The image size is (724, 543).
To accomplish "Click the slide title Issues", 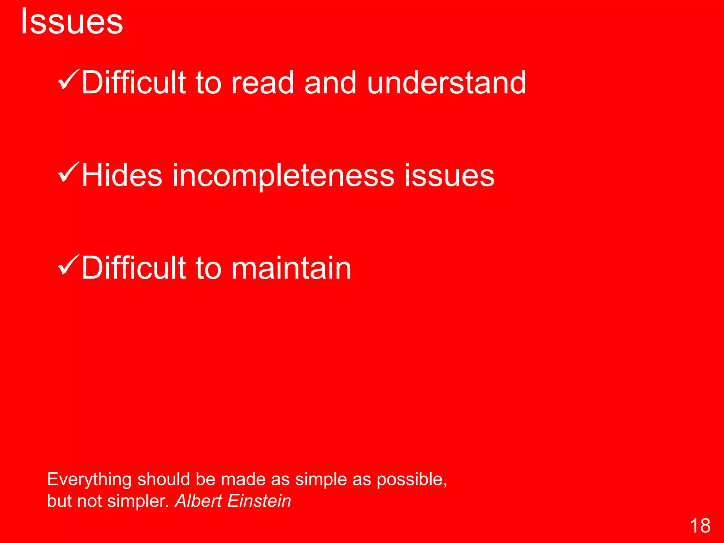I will (72, 22).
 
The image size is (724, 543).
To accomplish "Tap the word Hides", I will (122, 175).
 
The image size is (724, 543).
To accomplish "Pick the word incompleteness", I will (283, 175).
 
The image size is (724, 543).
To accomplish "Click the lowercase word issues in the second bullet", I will (449, 175).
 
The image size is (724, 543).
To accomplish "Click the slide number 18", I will (700, 526).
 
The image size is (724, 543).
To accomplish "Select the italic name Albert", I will (198, 501).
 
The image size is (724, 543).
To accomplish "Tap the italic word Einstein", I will (259, 501).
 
